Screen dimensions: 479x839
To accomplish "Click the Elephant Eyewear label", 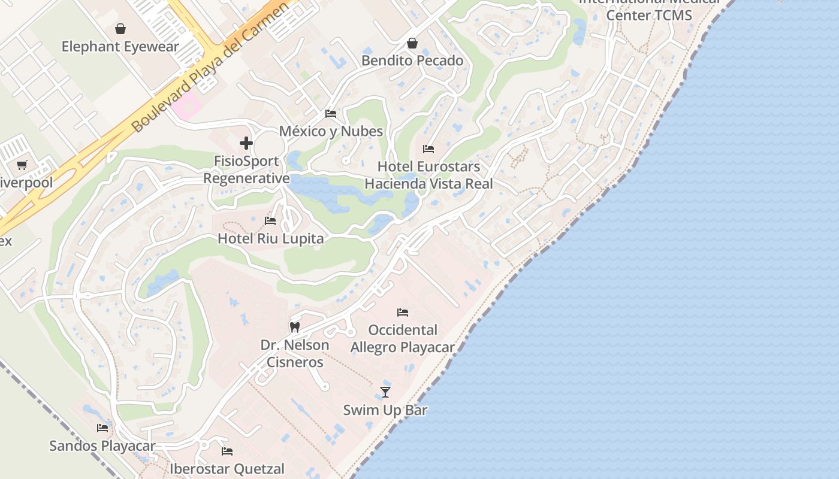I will pyautogui.click(x=120, y=47).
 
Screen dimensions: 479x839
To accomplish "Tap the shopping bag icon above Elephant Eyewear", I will pyautogui.click(x=120, y=29).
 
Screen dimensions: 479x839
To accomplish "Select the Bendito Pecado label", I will pyautogui.click(x=412, y=60).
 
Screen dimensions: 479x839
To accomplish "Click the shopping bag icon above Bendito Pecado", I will pyautogui.click(x=412, y=43).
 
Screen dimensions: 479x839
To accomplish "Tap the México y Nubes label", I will pyautogui.click(x=331, y=131).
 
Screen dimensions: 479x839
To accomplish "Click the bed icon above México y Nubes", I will pyautogui.click(x=331, y=114).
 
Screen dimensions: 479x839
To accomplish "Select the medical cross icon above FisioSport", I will pyautogui.click(x=246, y=143).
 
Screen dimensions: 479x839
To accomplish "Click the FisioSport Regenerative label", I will pyautogui.click(x=246, y=169).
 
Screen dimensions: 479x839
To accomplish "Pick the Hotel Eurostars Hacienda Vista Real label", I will pyautogui.click(x=428, y=175).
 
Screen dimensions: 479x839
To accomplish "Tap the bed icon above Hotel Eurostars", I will pyautogui.click(x=428, y=148).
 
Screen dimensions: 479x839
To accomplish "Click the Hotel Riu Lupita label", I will pyautogui.click(x=270, y=238).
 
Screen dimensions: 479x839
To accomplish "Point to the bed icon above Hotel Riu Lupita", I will pyautogui.click(x=270, y=221).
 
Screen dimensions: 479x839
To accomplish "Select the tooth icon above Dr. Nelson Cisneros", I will pyautogui.click(x=294, y=328).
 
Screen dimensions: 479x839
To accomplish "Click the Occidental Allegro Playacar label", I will pyautogui.click(x=402, y=338).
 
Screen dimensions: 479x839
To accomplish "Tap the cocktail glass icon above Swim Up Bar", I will pyautogui.click(x=385, y=392).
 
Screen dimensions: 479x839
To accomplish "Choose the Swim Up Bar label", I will pyautogui.click(x=385, y=410).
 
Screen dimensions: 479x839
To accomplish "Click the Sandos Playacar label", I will pyautogui.click(x=102, y=446).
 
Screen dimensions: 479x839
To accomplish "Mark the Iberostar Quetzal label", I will pyautogui.click(x=227, y=468).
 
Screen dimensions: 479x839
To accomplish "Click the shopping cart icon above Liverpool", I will pyautogui.click(x=22, y=165).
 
